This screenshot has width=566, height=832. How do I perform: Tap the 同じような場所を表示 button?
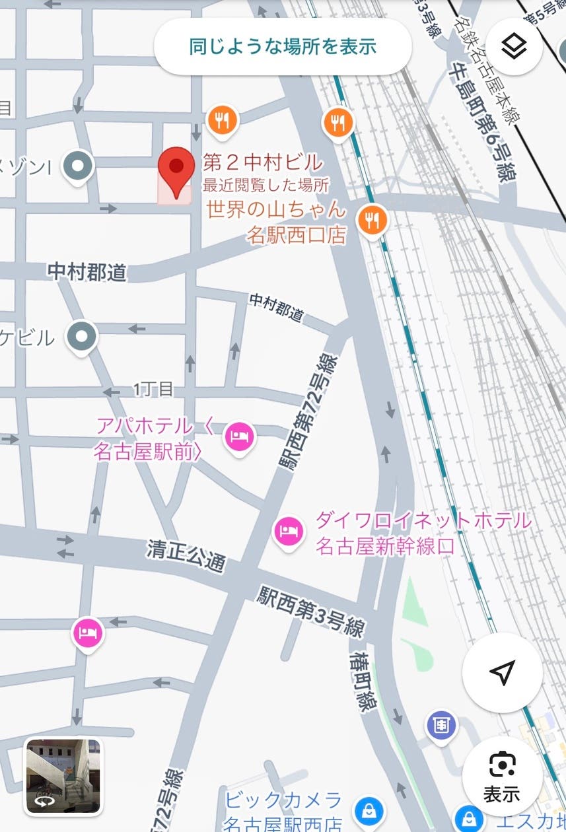[283, 47]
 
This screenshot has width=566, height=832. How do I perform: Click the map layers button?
[513, 47]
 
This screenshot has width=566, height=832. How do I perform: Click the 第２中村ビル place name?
[263, 162]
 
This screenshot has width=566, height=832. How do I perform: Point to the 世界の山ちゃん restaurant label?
[276, 211]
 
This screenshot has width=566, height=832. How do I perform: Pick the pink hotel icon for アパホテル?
[239, 436]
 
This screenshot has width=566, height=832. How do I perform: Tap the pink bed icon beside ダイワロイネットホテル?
[288, 531]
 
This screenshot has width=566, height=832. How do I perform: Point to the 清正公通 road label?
[187, 555]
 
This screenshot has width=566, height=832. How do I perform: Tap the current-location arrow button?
[502, 672]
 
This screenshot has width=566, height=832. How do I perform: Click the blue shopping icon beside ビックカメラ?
[365, 810]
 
